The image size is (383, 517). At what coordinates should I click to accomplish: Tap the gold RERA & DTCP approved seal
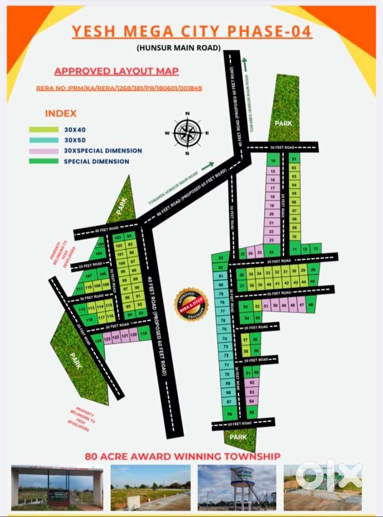click(x=190, y=304)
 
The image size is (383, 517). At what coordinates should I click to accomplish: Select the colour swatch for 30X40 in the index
click(x=43, y=129)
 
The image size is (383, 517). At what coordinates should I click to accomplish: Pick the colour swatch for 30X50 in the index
click(x=43, y=140)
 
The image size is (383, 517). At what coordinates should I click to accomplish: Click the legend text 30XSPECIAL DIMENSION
click(x=102, y=151)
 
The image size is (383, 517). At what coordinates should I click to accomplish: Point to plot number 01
click(x=294, y=159)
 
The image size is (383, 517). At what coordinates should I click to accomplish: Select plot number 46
click(x=311, y=305)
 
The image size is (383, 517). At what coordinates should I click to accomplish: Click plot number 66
click(x=228, y=413)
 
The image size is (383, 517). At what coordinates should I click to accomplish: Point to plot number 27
click(x=243, y=254)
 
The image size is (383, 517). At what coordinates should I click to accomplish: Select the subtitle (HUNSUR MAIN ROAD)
click(x=179, y=48)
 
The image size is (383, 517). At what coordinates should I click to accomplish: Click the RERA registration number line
click(x=119, y=88)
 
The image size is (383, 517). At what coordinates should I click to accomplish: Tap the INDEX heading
click(x=61, y=113)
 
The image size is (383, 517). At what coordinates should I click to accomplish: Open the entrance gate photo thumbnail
click(x=57, y=487)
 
